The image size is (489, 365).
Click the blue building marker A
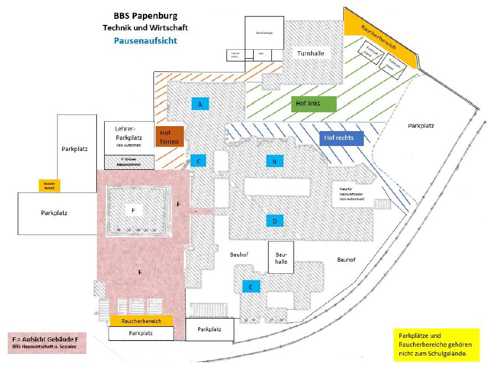coord(200,104)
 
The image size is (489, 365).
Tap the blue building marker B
coord(274,161)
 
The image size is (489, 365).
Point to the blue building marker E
coord(251,286)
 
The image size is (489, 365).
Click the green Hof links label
coord(313,104)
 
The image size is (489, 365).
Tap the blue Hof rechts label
coord(341,138)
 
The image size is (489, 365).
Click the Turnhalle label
coord(310,54)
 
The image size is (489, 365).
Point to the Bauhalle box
coord(281,257)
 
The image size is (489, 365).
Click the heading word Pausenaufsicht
coord(146,40)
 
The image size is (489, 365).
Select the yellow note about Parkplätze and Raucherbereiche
coord(436,345)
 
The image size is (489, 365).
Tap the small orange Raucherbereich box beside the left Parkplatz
coord(49,186)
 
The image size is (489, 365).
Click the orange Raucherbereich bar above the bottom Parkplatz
coord(141,320)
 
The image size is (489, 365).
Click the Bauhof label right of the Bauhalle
coord(347,259)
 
